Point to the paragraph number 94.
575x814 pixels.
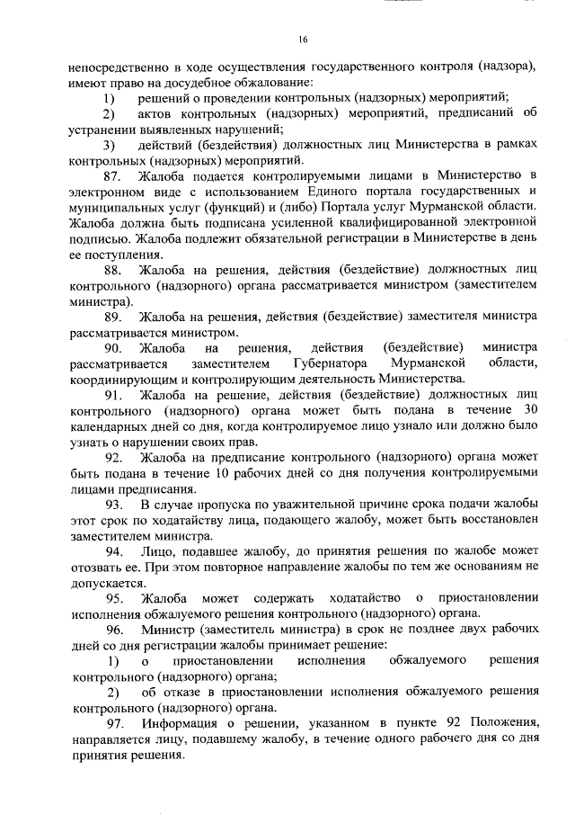(x=114, y=550)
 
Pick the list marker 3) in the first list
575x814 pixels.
(x=109, y=146)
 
